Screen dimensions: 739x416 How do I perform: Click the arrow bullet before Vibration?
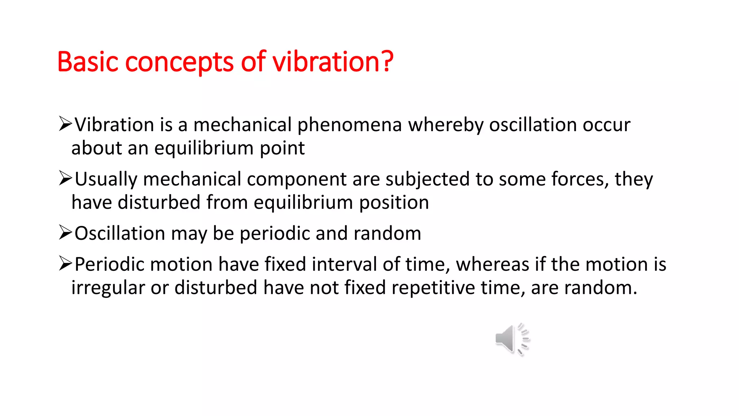click(66, 124)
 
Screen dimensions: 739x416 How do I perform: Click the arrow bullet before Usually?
click(66, 178)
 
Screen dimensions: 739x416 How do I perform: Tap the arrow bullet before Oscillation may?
click(66, 233)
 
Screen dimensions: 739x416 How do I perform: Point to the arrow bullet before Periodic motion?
click(66, 264)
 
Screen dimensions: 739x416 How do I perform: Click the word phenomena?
click(349, 125)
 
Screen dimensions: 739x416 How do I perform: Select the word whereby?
click(446, 125)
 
